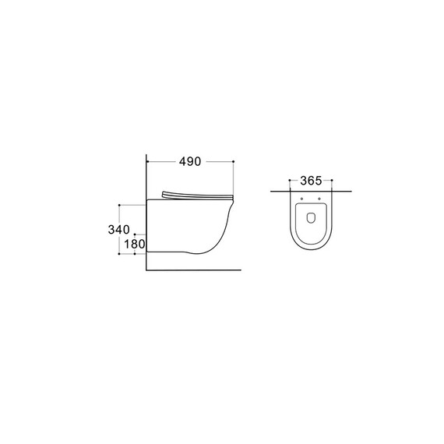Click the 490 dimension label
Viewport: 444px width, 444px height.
190,162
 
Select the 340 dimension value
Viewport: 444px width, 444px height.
118,230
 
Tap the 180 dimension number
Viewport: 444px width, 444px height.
135,244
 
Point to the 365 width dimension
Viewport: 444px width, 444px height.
311,181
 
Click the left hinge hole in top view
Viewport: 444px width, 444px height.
302,199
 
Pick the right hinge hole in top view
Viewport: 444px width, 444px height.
319,199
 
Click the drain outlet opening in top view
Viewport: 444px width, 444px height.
312,217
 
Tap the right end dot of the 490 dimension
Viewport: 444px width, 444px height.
234,161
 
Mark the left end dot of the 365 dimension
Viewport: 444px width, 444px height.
290,180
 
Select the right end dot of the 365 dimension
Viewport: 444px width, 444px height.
332,180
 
